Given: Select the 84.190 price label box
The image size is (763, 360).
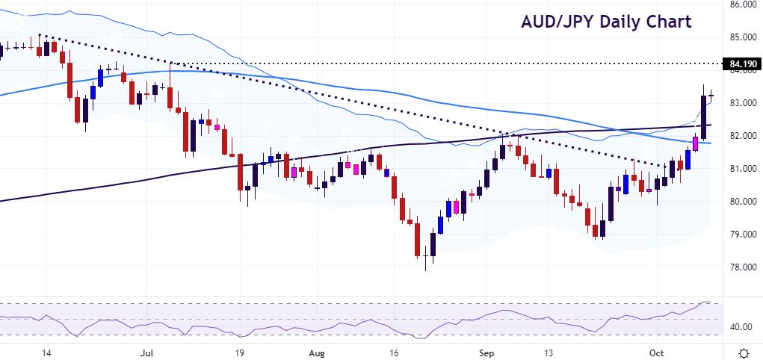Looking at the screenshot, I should pos(741,64).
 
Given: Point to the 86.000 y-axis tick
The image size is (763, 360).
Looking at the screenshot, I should pos(741,4).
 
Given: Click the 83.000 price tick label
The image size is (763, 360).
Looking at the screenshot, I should pos(741,103).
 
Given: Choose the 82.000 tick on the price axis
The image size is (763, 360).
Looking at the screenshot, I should pos(741,136).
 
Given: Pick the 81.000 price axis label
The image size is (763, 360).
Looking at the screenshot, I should pos(741,169).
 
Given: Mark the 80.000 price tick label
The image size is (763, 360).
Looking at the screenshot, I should pos(741,202).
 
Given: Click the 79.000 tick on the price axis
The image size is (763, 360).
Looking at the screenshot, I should pos(741,235).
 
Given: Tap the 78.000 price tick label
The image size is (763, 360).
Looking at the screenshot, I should pos(741,267).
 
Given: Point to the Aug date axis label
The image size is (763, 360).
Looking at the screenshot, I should pos(318,351).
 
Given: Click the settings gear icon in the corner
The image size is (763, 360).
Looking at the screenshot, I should pos(744,352).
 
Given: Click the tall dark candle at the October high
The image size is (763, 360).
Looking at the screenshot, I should pos(704,116).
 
